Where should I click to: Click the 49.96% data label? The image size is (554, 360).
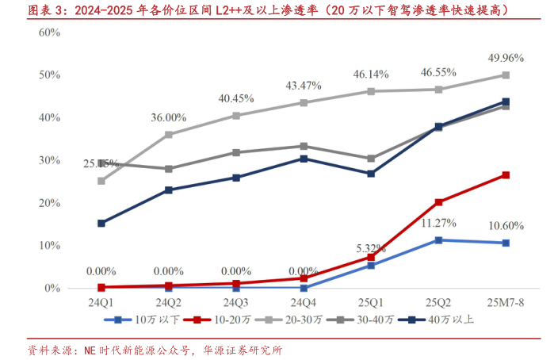click(x=505, y=57)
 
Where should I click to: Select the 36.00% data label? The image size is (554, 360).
click(x=169, y=117)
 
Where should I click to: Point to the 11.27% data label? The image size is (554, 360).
click(x=438, y=223)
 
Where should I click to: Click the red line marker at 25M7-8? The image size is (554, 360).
click(x=506, y=175)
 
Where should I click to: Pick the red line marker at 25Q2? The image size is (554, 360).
click(x=438, y=202)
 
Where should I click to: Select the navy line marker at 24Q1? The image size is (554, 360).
click(x=101, y=224)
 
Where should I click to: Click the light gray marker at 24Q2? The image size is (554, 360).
click(x=169, y=135)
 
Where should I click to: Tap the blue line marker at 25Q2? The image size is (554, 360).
click(x=438, y=239)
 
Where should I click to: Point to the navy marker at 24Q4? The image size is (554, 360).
click(x=304, y=159)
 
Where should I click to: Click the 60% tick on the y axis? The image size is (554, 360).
click(x=50, y=32)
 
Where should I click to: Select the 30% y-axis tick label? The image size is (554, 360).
click(x=50, y=160)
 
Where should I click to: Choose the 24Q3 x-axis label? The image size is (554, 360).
click(x=236, y=303)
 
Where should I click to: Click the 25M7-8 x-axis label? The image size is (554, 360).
click(x=506, y=303)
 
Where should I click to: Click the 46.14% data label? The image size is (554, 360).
click(x=371, y=74)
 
